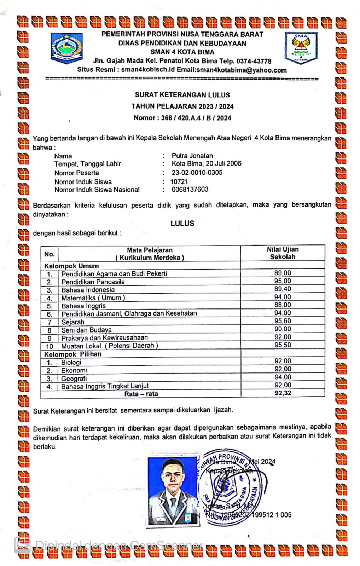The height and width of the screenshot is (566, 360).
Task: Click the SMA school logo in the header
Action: point(301,48)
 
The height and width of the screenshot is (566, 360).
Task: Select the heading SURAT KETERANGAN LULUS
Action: point(182,95)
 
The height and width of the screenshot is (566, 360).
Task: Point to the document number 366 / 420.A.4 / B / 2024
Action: point(196,118)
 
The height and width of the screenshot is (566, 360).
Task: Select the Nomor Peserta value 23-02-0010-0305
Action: point(197,173)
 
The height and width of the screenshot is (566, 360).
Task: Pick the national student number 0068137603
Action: point(190,190)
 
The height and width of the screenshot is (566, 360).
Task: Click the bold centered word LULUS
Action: point(182,224)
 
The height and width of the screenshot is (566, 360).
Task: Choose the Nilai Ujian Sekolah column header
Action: point(283,253)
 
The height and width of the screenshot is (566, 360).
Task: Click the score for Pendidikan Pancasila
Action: point(283,281)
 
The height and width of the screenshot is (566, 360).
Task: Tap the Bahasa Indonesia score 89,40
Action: point(283,289)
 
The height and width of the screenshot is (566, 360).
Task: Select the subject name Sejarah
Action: point(73,322)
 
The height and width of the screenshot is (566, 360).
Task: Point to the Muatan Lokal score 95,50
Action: point(283,345)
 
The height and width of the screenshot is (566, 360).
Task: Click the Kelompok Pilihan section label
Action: point(73,354)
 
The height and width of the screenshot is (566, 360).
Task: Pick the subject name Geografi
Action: point(74,379)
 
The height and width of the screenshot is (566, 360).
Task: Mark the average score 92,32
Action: point(283,393)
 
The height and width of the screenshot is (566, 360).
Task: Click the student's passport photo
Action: point(173,491)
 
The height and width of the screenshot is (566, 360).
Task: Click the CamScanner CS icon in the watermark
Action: point(22,545)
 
